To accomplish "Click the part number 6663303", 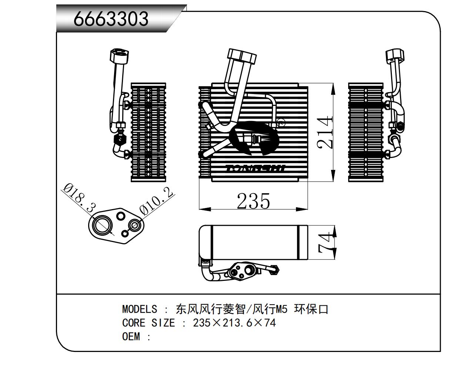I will (x=111, y=19).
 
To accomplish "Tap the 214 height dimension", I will (x=326, y=132).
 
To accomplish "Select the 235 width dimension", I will (x=253, y=201).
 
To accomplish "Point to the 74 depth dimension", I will (x=326, y=244).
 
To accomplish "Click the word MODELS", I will (x=139, y=309).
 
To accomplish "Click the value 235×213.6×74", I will (x=234, y=323).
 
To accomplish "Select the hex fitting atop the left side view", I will (x=119, y=56).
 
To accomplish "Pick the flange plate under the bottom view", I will (x=241, y=272).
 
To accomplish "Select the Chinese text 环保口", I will (x=311, y=309).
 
